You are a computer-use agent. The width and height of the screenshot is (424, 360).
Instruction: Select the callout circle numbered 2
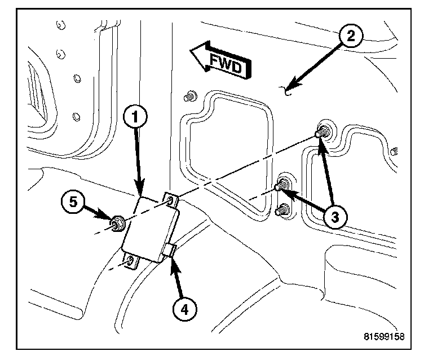point(350,38)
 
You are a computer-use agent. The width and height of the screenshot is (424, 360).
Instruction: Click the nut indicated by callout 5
point(118,223)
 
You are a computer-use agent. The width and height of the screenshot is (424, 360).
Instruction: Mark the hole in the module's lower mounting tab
point(131,261)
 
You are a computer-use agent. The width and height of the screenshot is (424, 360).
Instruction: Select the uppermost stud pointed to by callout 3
point(321,134)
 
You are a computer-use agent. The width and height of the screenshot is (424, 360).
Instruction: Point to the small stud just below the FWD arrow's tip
point(190,96)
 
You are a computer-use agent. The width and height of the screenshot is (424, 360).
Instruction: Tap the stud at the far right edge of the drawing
point(395,151)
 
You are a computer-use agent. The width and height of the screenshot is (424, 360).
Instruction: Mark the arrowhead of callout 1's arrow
point(141,192)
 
